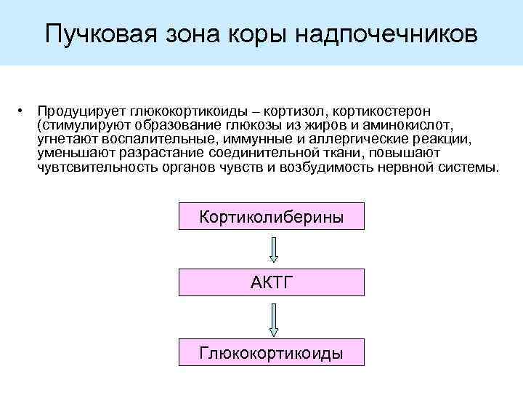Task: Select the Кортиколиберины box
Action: point(271,217)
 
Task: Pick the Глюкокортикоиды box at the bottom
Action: point(271,352)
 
